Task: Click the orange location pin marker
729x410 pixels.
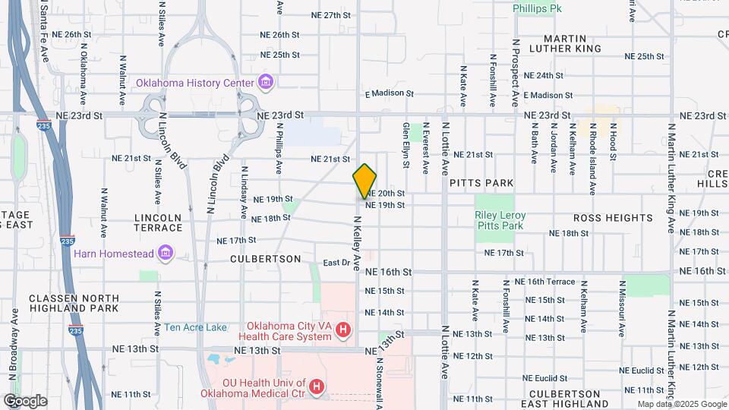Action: click(365, 181)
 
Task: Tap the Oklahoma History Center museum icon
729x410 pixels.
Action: click(265, 81)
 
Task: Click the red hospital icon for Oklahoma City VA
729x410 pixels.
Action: click(343, 330)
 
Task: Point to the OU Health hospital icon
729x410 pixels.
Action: click(317, 387)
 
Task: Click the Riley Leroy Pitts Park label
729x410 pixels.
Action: click(500, 220)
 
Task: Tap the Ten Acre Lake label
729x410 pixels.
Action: click(195, 327)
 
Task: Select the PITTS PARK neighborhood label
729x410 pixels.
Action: click(481, 183)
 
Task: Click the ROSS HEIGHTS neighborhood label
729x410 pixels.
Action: click(612, 218)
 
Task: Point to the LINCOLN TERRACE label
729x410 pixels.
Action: click(158, 222)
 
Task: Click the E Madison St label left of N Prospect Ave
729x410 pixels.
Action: click(389, 93)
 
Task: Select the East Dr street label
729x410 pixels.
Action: click(335, 263)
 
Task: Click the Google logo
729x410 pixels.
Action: click(25, 400)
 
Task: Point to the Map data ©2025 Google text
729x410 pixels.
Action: click(680, 404)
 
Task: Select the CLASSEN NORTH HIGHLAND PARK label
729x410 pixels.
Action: click(74, 303)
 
